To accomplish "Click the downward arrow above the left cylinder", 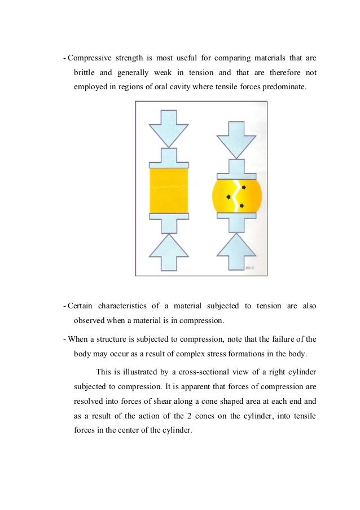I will (x=169, y=128).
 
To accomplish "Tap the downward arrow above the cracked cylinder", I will (x=236, y=140).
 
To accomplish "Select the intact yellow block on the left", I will (x=169, y=190).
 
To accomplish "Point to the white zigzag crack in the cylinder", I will (x=236, y=194).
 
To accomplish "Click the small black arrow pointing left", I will (x=229, y=197).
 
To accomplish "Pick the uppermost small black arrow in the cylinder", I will (x=244, y=187).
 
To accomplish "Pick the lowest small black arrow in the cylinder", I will (x=242, y=206).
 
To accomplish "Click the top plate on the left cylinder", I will (x=169, y=164).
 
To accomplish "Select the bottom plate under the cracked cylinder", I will (x=236, y=216).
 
